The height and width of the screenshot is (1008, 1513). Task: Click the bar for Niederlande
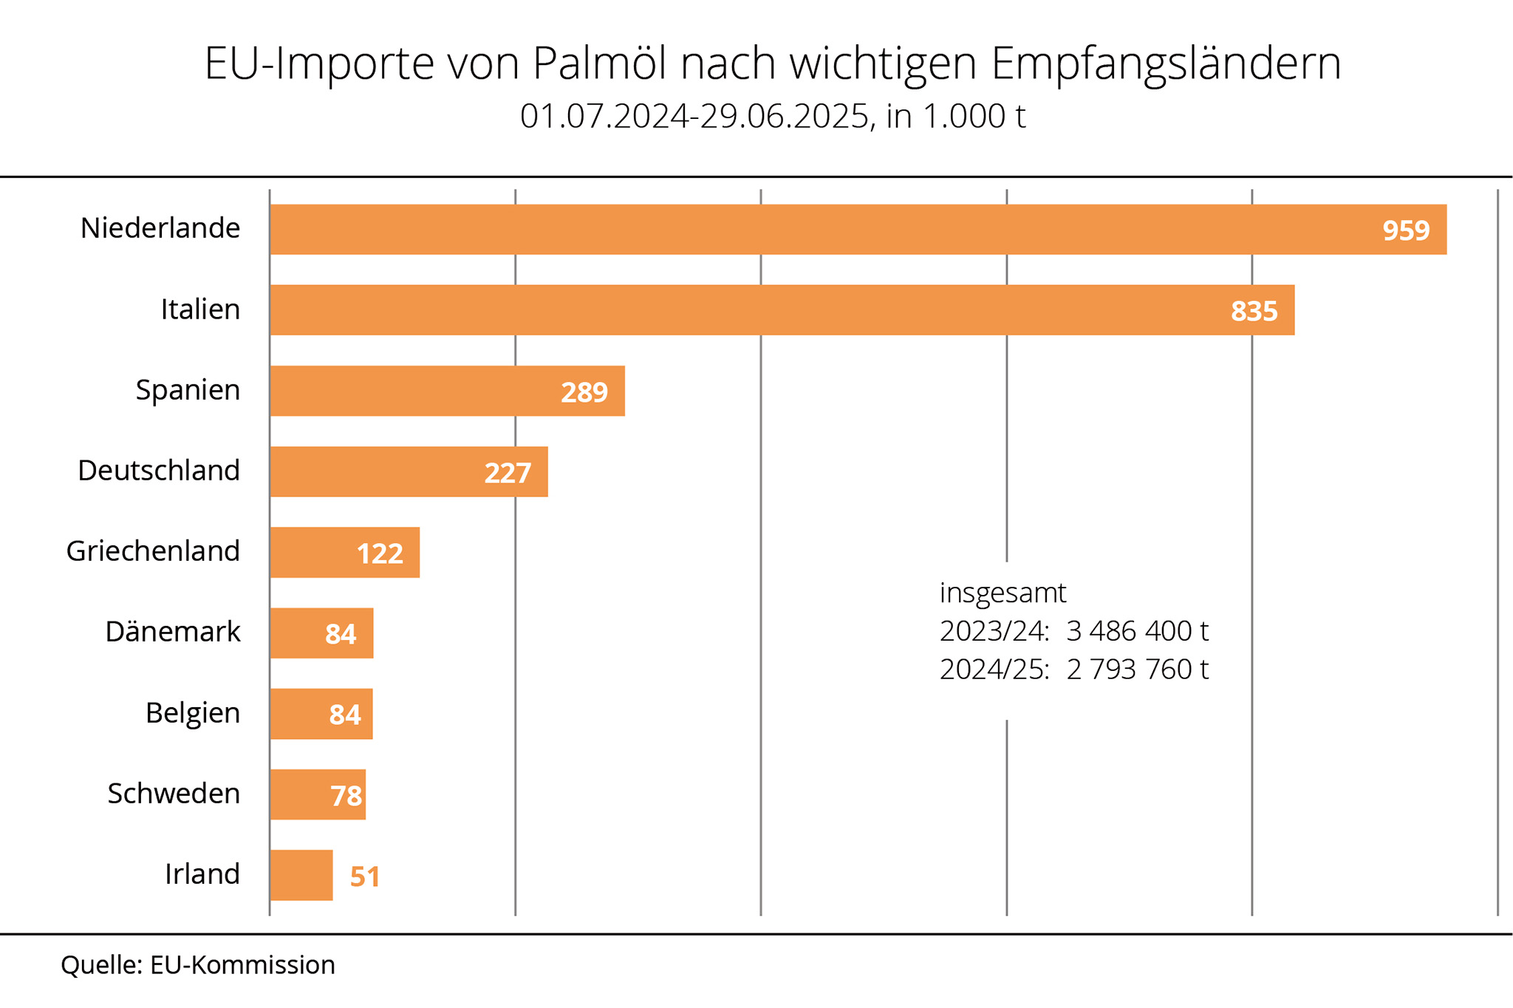[857, 230]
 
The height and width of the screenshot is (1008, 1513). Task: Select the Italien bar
[782, 310]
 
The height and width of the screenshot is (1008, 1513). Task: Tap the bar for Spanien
[447, 391]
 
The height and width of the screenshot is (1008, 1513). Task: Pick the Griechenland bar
[344, 553]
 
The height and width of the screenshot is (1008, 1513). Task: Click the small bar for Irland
[301, 876]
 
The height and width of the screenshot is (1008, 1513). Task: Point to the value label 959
[1406, 231]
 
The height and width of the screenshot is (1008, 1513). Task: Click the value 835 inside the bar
[1254, 311]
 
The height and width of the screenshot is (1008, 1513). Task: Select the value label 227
[508, 473]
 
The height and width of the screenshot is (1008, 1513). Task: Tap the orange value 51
[365, 877]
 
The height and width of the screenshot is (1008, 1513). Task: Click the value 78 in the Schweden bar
[346, 796]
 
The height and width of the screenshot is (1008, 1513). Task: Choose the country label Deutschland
[159, 471]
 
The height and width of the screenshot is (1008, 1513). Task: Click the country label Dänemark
[173, 633]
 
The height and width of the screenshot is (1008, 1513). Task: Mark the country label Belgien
[193, 713]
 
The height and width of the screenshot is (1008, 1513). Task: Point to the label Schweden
[174, 794]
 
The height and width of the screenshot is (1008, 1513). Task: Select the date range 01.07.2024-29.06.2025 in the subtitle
[694, 117]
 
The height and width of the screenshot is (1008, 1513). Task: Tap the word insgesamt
[1003, 593]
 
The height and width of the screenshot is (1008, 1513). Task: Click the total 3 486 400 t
[1137, 631]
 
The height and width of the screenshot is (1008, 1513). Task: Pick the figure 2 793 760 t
[1137, 670]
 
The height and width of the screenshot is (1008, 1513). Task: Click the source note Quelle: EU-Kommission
[198, 965]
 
